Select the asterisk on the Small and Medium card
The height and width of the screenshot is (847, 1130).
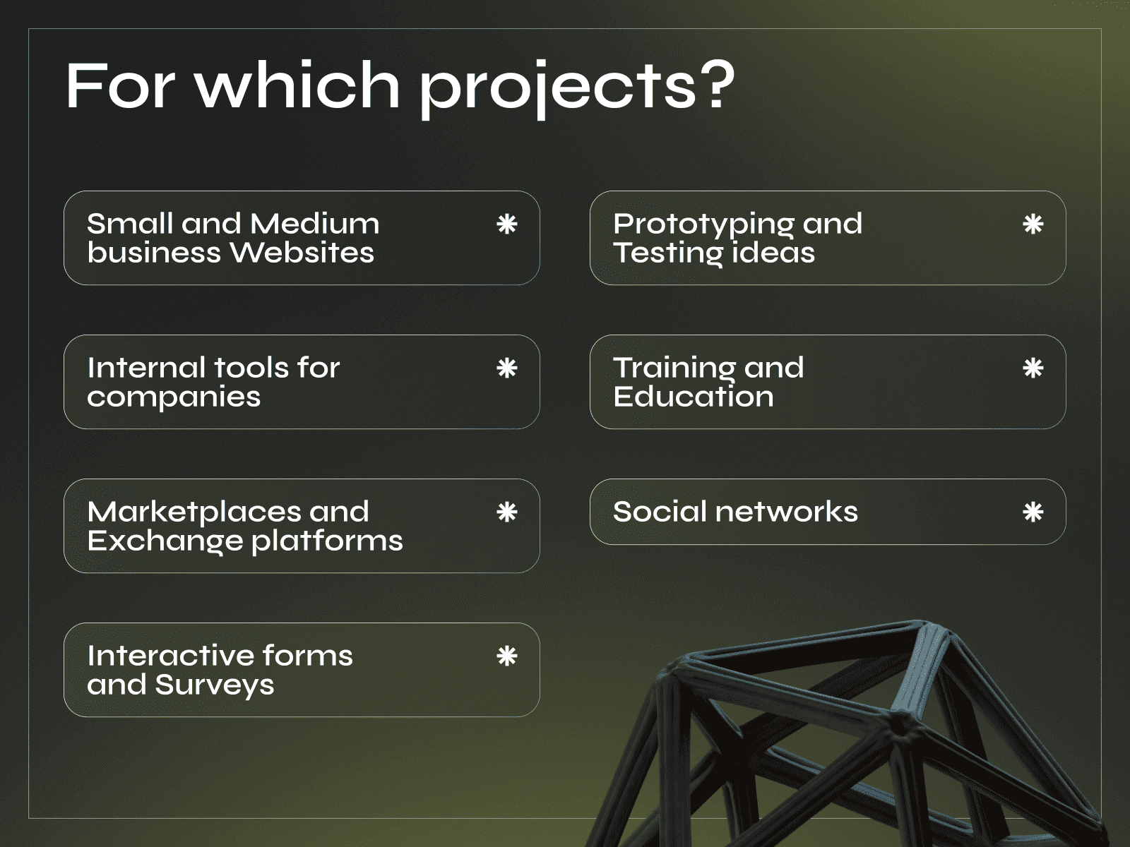click(x=507, y=224)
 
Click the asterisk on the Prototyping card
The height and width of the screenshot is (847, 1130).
click(x=1033, y=224)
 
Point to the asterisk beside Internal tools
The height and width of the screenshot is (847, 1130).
click(x=507, y=368)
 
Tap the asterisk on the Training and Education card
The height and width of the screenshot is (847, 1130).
click(x=1033, y=368)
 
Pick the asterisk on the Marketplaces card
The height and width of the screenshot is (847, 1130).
click(x=507, y=512)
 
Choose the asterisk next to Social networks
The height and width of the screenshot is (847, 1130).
click(x=1033, y=512)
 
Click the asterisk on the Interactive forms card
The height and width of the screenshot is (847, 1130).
click(x=507, y=656)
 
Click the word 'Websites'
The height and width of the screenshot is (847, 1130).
click(x=302, y=253)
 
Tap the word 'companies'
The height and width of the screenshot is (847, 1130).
click(x=174, y=397)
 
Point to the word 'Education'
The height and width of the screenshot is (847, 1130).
click(x=694, y=397)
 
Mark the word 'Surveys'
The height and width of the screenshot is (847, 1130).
click(x=215, y=685)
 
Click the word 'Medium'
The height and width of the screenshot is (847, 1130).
click(x=315, y=224)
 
